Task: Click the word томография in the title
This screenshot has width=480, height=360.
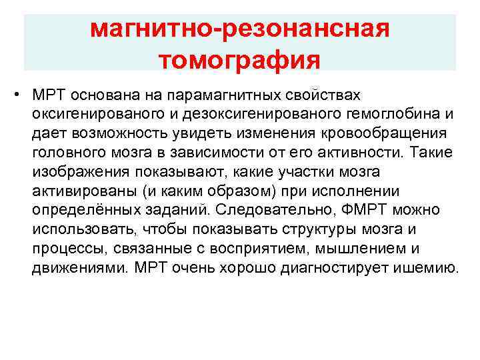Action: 240,61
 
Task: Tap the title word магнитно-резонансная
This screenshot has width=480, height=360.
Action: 240,29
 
